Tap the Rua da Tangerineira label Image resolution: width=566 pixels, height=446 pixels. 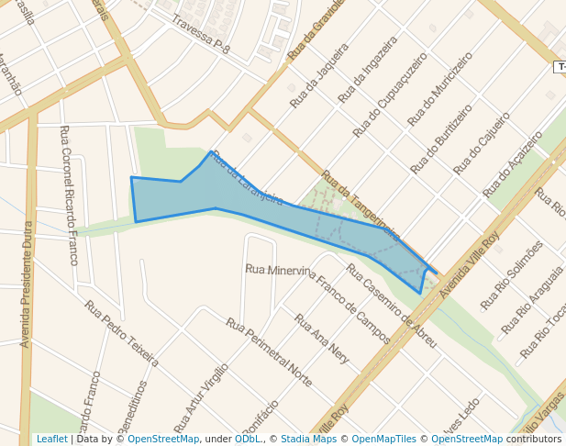(x=360, y=205)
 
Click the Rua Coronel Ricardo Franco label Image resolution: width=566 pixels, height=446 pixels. (x=69, y=195)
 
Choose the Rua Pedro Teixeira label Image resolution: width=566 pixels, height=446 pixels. (x=121, y=332)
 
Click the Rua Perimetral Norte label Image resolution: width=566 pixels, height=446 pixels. (x=269, y=351)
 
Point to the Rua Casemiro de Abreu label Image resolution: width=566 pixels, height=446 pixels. (x=391, y=307)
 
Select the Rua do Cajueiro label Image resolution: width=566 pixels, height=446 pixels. (x=482, y=143)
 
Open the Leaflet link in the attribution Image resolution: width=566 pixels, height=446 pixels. (x=51, y=439)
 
